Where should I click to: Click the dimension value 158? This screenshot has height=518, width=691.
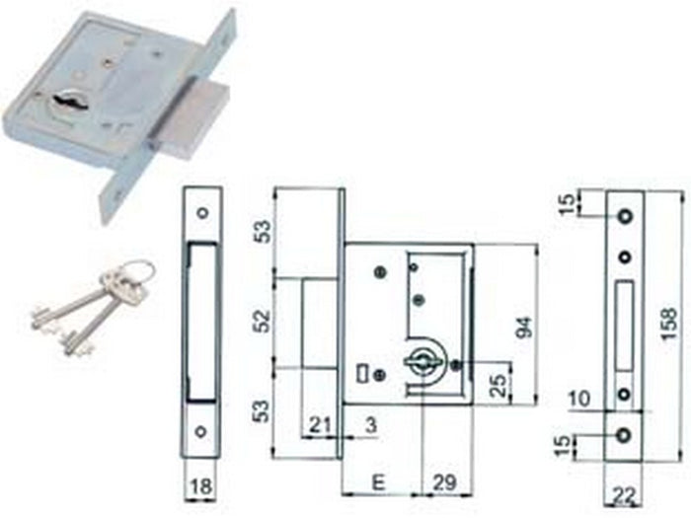tap(670, 325)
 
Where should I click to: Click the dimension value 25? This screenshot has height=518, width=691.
tap(499, 382)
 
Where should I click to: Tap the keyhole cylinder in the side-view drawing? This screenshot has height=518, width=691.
tap(422, 363)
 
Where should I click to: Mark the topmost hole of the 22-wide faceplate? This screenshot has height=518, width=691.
tap(624, 215)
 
